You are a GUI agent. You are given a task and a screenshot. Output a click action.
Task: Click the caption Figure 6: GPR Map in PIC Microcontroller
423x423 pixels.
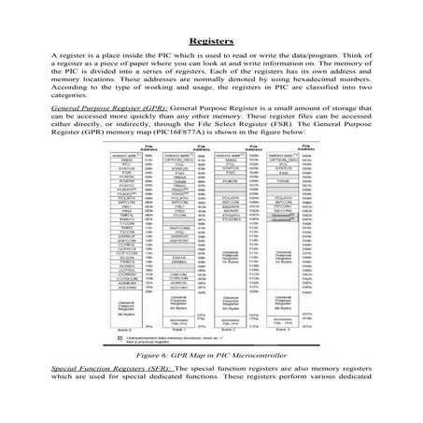pos(211,383)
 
